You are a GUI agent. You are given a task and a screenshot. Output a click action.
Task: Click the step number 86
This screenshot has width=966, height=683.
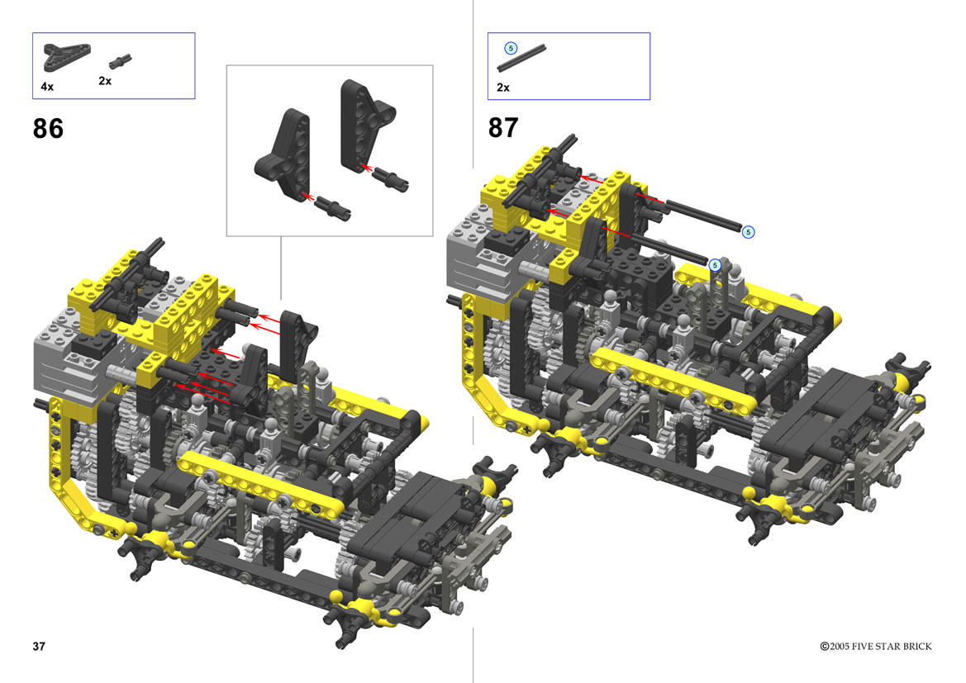(48, 129)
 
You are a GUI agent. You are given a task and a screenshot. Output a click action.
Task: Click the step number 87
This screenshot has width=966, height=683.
(503, 128)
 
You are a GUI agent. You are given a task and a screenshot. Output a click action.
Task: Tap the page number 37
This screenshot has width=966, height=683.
(39, 646)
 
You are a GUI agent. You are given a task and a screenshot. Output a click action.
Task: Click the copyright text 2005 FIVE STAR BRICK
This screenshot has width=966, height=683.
(880, 646)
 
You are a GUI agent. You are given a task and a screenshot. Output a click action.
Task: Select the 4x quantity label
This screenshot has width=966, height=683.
(47, 87)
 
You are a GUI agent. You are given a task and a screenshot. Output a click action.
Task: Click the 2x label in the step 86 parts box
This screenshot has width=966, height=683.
(105, 81)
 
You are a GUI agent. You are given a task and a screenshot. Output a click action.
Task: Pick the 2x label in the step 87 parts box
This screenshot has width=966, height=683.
(502, 88)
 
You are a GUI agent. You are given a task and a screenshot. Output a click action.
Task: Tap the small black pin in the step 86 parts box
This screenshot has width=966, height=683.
(120, 61)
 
